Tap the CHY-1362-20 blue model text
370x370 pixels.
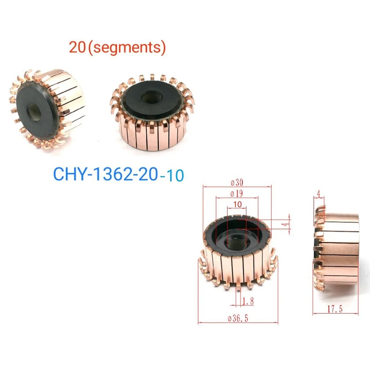[x=106, y=174]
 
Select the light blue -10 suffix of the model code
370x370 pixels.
[x=172, y=175]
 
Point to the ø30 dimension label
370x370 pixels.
[x=236, y=183]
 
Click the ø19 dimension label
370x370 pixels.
[x=236, y=193]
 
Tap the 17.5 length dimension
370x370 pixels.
[x=335, y=309]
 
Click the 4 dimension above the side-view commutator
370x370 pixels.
[x=319, y=193]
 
